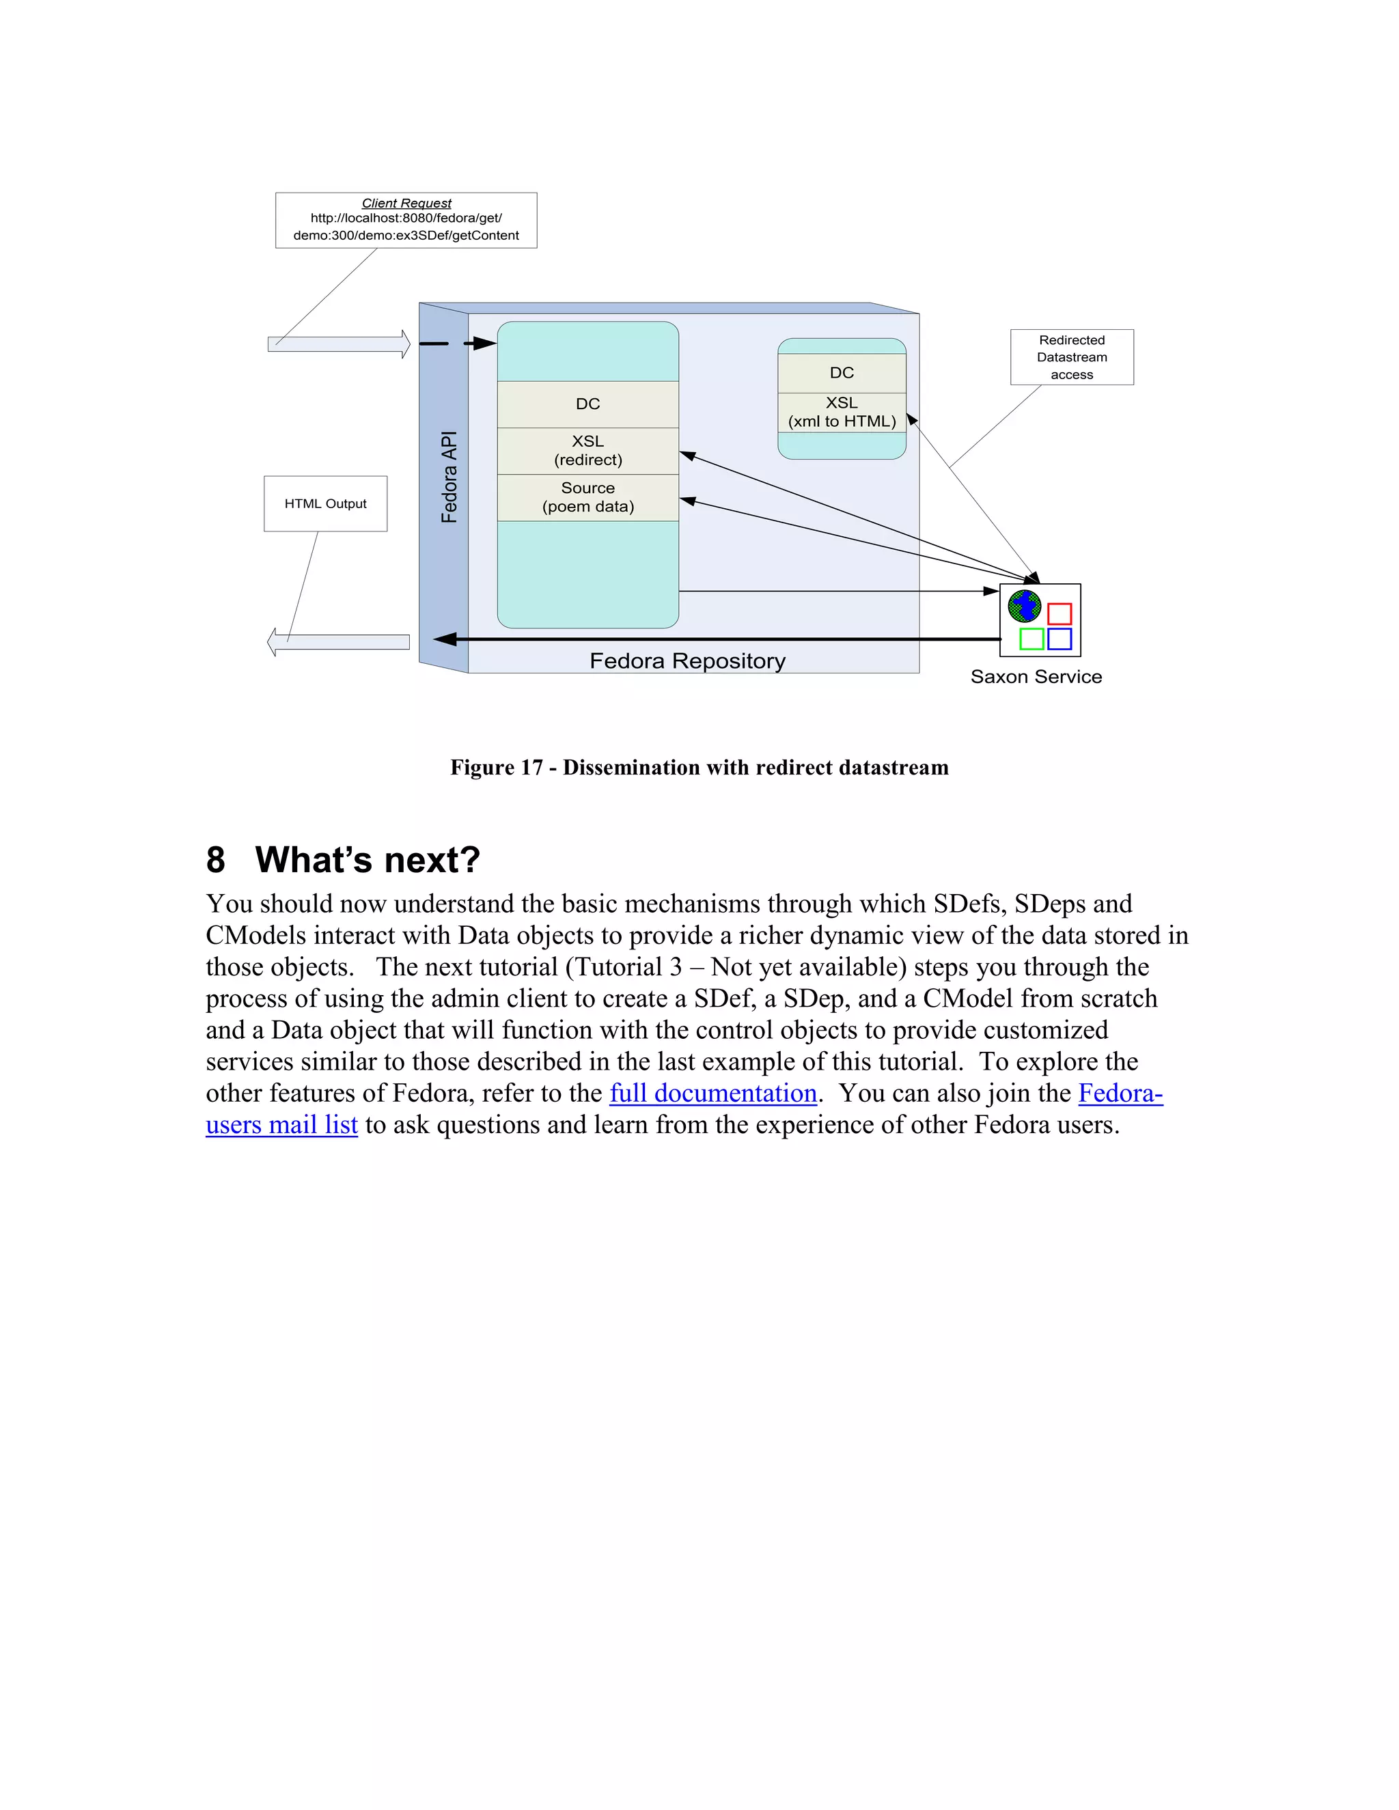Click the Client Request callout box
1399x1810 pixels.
click(x=406, y=221)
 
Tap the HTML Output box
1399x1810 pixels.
click(x=325, y=503)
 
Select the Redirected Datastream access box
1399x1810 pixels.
click(x=1072, y=357)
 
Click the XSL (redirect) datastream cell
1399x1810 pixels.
click(x=587, y=451)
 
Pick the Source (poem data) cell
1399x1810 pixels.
click(x=587, y=497)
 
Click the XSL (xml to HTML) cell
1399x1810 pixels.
click(x=841, y=412)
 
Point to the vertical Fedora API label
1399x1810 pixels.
click(x=448, y=477)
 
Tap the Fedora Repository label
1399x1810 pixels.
click(x=687, y=660)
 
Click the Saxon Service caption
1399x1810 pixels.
click(x=1036, y=677)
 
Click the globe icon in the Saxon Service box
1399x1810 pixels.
click(x=1025, y=606)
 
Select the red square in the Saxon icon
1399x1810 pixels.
click(x=1059, y=614)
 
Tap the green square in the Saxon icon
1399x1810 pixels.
click(x=1031, y=639)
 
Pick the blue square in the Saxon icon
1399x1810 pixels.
click(x=1059, y=639)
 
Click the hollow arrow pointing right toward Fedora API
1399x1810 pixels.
click(x=339, y=344)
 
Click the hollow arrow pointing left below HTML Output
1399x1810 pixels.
click(x=339, y=641)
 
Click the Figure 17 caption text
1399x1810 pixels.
click(x=699, y=768)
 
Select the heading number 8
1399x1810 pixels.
click(x=215, y=860)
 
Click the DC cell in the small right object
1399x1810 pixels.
click(x=841, y=373)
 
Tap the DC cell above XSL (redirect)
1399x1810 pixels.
click(x=587, y=404)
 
